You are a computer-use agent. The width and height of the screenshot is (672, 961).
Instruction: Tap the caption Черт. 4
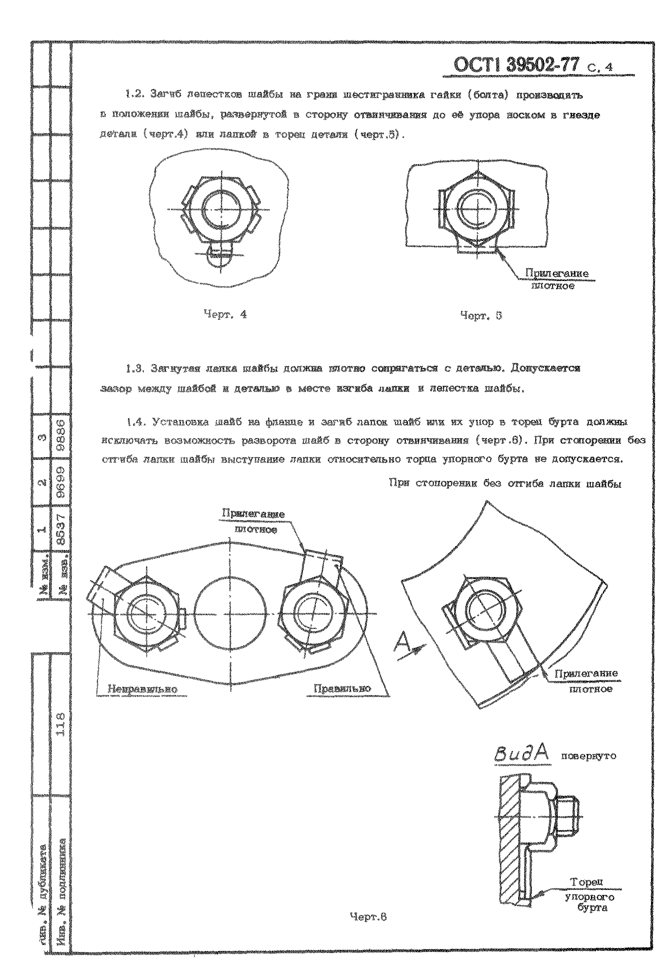pyautogui.click(x=225, y=314)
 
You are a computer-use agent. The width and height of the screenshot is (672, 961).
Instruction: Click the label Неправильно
pyautogui.click(x=142, y=689)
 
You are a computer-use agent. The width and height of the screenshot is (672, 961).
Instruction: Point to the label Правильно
pyautogui.click(x=342, y=688)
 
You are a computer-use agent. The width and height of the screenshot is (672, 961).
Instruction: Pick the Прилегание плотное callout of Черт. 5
pyautogui.click(x=556, y=279)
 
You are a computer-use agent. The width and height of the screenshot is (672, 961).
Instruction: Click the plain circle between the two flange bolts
pyautogui.click(x=230, y=614)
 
